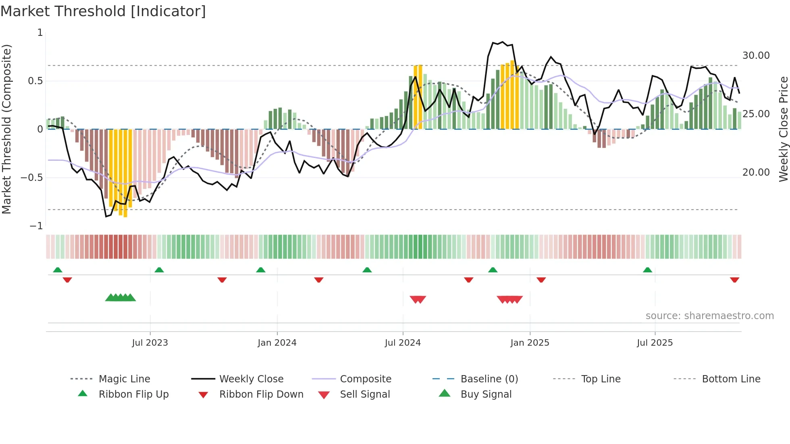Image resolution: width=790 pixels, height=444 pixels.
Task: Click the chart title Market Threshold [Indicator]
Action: (x=103, y=11)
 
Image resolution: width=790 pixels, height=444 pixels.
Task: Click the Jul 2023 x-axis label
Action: (x=150, y=343)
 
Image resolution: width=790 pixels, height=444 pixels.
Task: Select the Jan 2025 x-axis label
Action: (x=530, y=343)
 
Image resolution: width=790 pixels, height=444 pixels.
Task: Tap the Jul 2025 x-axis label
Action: (x=655, y=343)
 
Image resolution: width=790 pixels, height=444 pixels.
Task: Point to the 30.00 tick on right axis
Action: (x=756, y=56)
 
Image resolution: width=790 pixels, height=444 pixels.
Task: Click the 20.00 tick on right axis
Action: (x=756, y=172)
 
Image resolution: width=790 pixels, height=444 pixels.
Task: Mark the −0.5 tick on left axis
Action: (x=31, y=178)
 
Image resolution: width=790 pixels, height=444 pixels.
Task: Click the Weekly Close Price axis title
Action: (x=783, y=129)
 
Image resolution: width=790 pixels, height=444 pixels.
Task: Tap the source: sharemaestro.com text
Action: (x=709, y=316)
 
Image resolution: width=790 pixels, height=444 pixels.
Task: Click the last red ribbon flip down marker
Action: (x=734, y=280)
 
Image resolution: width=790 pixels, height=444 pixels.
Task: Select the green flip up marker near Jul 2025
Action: (x=647, y=270)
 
